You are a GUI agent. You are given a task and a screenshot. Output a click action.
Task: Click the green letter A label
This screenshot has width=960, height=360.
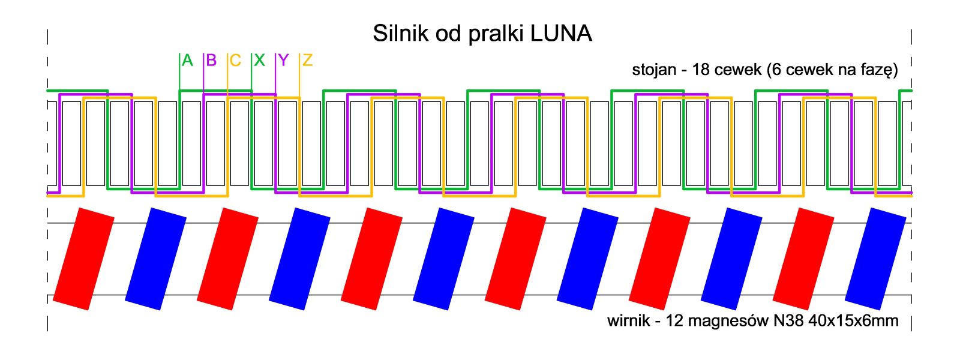[x=187, y=61]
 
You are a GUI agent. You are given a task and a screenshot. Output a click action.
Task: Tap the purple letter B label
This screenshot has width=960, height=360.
[x=211, y=61]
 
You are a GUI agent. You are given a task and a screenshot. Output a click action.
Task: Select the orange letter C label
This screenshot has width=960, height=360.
[x=235, y=61]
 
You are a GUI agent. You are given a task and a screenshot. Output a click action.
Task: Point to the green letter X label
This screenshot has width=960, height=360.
[x=259, y=61]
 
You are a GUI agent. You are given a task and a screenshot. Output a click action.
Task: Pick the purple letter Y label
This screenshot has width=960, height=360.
[x=283, y=61]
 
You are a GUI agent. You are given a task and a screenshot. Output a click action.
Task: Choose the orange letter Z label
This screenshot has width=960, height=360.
[x=307, y=61]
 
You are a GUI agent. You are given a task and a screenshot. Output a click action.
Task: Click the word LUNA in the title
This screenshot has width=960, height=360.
[x=561, y=34]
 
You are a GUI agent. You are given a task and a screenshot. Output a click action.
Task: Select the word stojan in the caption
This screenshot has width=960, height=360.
[x=654, y=70]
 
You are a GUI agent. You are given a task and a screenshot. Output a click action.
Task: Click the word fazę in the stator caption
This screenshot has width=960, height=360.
[x=878, y=71]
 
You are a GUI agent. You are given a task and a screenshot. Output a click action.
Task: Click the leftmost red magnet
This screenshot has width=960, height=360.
[x=83, y=259]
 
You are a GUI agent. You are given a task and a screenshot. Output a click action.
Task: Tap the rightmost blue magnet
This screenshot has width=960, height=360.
[x=875, y=259]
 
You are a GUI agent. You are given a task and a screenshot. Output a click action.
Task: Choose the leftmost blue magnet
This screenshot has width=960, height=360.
[x=155, y=259]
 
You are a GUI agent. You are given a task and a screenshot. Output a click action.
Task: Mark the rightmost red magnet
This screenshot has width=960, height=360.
[x=803, y=259]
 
